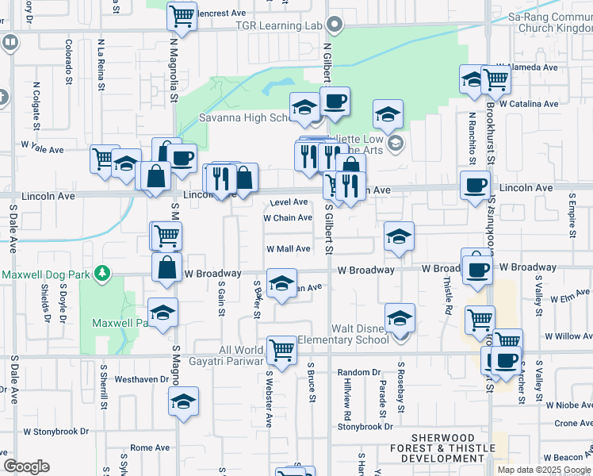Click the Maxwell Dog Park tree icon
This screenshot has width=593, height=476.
click(x=101, y=274)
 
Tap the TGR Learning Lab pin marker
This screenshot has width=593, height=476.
click(x=335, y=25)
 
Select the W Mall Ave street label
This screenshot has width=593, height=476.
click(x=288, y=248)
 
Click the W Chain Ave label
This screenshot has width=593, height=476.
click(x=288, y=217)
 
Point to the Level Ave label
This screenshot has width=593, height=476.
click(x=289, y=202)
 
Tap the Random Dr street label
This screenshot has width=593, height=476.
click(x=354, y=372)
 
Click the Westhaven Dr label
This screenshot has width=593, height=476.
click(x=142, y=379)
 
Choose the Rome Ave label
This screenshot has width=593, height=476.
click(x=150, y=447)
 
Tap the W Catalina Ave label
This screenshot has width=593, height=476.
click(x=528, y=104)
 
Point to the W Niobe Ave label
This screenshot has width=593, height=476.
click(x=564, y=405)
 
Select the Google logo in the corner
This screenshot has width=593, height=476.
click(x=26, y=466)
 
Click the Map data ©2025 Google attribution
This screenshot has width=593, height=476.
click(x=544, y=470)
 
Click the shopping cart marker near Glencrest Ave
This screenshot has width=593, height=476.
click(x=182, y=14)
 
